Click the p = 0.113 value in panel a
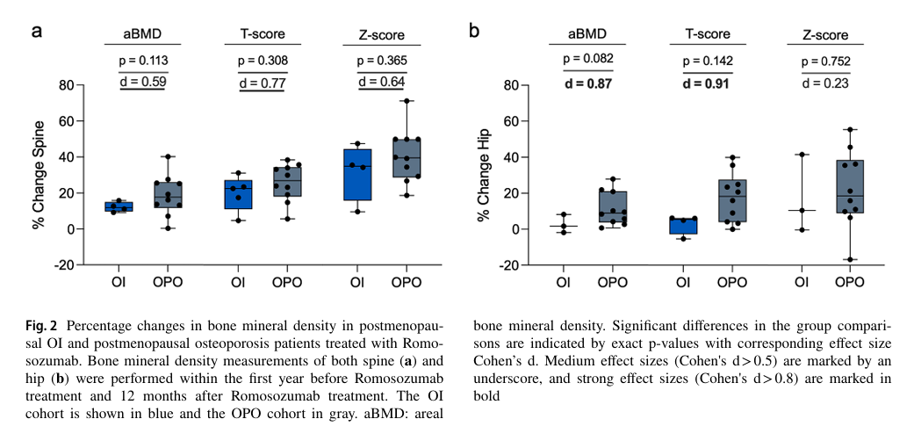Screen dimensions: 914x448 click(143, 61)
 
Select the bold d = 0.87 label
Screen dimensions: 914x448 click(588, 84)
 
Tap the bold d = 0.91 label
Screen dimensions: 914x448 click(705, 84)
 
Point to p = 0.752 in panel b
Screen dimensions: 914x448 click(825, 61)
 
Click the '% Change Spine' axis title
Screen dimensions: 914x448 click(39, 175)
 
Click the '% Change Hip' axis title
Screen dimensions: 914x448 click(483, 175)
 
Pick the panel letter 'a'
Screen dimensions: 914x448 click(37, 32)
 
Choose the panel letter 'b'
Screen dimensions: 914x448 click(474, 31)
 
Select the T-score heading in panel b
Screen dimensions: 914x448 click(707, 34)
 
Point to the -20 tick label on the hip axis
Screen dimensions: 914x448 click(507, 265)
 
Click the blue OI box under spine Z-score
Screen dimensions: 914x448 click(357, 175)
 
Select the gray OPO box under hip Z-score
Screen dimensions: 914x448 click(849, 186)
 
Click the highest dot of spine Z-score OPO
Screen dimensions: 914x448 click(410, 101)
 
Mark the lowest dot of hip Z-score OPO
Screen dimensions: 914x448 click(849, 260)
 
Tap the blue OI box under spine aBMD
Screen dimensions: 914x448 click(119, 206)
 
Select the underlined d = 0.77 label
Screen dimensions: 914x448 click(263, 83)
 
